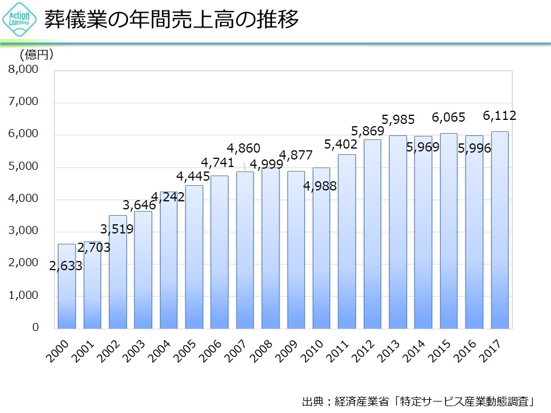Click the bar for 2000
click(x=67, y=287)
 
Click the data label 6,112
click(x=499, y=116)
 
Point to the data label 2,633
click(x=65, y=266)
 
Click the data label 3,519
click(x=117, y=229)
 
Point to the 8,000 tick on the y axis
click(x=23, y=70)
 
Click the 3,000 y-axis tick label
click(x=23, y=231)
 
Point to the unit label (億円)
click(x=37, y=55)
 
